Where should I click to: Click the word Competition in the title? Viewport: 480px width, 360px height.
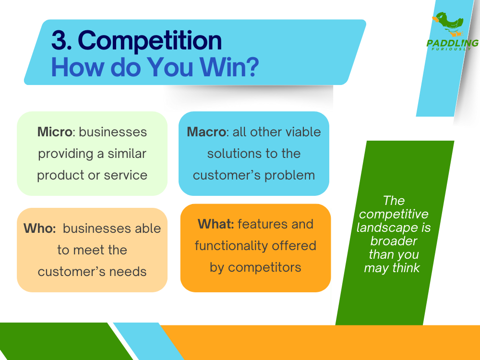(x=150, y=41)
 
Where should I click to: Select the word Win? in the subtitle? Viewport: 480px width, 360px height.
(x=229, y=67)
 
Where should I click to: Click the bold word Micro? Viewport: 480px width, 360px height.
(x=55, y=132)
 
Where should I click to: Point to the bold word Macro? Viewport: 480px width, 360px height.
(x=206, y=132)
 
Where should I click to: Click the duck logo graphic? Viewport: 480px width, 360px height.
(x=448, y=24)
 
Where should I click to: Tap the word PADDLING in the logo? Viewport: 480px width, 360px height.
(x=453, y=43)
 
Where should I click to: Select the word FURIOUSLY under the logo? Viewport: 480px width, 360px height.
(x=451, y=49)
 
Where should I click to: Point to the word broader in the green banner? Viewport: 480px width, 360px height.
(x=394, y=241)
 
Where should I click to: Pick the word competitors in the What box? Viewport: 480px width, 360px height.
(x=264, y=268)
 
